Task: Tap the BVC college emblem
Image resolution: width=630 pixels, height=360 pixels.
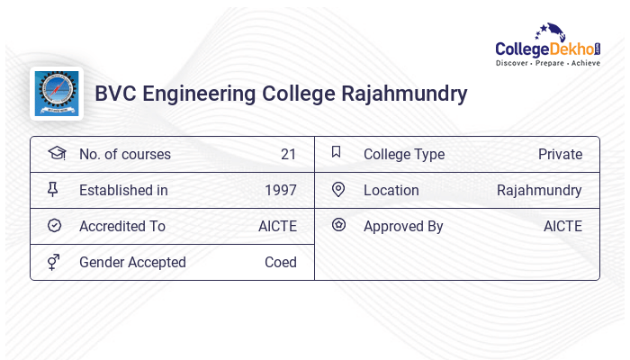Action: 56,94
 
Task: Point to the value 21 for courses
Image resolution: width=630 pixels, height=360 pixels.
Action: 288,154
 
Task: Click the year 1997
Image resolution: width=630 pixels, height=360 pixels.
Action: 280,190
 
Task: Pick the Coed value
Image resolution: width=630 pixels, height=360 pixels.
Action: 280,262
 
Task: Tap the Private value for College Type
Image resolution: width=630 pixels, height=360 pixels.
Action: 560,154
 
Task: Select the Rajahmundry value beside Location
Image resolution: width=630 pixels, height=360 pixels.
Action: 539,190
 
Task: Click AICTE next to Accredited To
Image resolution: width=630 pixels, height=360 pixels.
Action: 277,226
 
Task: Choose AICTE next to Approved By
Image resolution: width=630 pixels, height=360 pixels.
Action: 562,226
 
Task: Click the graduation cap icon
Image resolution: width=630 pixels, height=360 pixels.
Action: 56,153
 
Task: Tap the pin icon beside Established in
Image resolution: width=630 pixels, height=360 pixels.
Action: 53,189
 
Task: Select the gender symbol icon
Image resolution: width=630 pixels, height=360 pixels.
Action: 54,262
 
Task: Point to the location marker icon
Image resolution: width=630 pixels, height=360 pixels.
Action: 338,189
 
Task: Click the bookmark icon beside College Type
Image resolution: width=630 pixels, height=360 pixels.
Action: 337,152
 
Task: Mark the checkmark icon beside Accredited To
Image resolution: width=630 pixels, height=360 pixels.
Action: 54,225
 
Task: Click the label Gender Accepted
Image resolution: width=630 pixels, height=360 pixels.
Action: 132,262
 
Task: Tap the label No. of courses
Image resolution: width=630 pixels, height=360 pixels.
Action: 124,154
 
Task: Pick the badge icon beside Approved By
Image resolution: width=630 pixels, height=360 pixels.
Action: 338,225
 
